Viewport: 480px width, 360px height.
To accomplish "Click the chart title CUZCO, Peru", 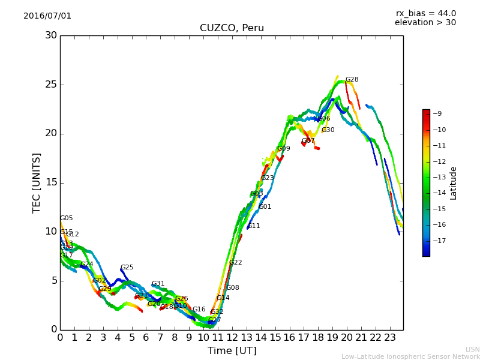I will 232,28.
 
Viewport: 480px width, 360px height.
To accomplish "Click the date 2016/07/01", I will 47,16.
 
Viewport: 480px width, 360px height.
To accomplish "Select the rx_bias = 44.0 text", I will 425,13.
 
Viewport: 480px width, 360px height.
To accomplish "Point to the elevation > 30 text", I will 425,23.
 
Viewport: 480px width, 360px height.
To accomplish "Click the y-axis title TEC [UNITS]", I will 37,182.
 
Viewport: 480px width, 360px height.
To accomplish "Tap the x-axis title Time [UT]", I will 232,351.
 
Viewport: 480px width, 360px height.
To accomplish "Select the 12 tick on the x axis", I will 232,338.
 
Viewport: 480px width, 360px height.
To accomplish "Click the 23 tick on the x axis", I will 390,338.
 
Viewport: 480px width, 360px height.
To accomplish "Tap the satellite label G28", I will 352,80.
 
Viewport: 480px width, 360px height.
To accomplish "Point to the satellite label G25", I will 127,268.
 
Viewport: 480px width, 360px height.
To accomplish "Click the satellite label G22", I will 236,263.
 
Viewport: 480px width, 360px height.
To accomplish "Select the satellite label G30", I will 328,130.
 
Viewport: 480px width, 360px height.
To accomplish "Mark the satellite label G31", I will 158,284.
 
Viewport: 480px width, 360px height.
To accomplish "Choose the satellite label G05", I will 66,218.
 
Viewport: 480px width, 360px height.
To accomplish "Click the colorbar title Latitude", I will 454,183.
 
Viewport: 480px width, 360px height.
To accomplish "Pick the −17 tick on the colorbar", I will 439,241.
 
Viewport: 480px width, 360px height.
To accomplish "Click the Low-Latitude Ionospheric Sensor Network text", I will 410,356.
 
